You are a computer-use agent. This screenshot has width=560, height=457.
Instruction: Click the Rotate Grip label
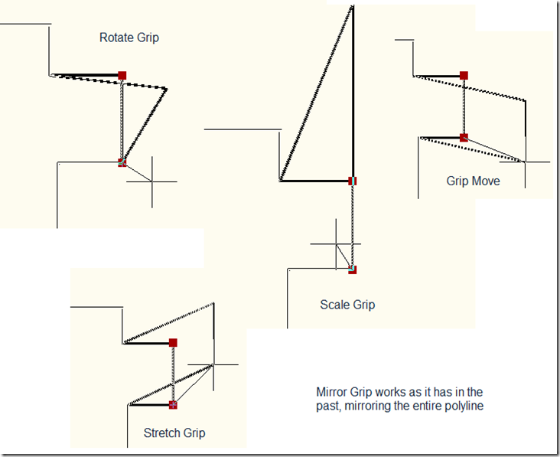[x=129, y=37]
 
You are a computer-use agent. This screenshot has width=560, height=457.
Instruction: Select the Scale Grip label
[x=347, y=305]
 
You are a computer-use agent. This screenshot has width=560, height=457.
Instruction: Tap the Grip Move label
[x=473, y=181]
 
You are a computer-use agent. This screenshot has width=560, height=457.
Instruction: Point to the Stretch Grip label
[x=174, y=433]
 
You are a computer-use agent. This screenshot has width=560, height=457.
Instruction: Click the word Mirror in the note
[x=332, y=390]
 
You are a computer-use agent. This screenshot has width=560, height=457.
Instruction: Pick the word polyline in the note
[x=464, y=406]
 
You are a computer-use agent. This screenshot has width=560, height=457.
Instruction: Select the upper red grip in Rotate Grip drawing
[x=122, y=75]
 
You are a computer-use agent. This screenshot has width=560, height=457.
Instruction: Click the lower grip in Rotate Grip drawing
[x=122, y=162]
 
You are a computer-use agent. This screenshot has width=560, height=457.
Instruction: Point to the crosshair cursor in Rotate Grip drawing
[x=151, y=181]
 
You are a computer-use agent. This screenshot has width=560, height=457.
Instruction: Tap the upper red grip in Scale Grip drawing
[x=353, y=181]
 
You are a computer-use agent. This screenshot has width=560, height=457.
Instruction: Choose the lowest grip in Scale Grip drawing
[x=353, y=269]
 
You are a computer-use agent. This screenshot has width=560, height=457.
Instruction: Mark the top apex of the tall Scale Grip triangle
[x=353, y=6]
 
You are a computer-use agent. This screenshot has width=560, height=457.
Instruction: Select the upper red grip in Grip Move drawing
[x=464, y=75]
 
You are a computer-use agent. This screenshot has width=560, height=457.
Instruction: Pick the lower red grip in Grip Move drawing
[x=464, y=138]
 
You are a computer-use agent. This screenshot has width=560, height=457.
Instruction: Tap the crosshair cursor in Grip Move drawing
[x=526, y=162]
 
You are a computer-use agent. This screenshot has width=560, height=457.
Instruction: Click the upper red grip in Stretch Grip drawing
[x=174, y=343]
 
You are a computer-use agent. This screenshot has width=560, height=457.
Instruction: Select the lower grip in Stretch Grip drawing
[x=174, y=404]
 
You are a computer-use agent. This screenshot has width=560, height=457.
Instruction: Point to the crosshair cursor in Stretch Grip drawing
[x=213, y=364]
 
